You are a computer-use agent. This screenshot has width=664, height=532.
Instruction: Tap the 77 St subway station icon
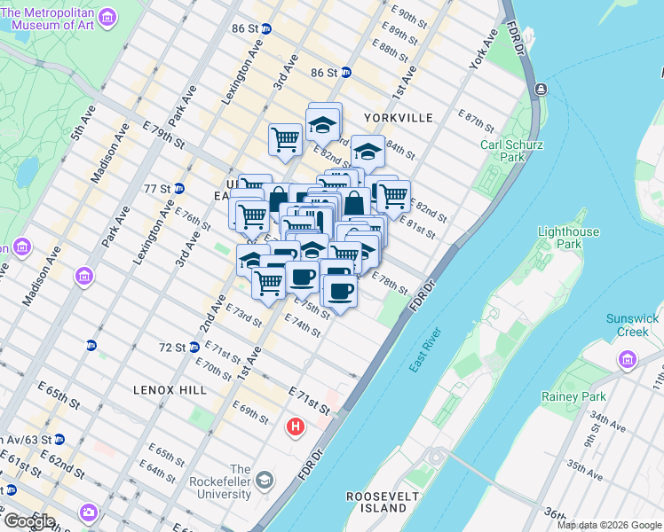click(x=179, y=188)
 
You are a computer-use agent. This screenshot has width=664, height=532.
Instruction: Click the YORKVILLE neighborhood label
click(x=397, y=118)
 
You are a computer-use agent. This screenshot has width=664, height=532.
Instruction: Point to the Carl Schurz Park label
click(x=511, y=151)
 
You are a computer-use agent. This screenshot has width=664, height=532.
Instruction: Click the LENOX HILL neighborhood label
click(x=170, y=390)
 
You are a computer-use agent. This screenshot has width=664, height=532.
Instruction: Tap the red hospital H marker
click(x=296, y=428)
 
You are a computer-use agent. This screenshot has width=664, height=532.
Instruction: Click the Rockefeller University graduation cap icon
click(x=265, y=480)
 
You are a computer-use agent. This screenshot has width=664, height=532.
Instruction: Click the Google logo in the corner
click(x=28, y=521)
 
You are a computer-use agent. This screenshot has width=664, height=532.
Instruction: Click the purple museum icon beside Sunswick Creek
click(x=628, y=359)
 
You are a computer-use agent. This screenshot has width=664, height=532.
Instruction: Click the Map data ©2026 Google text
click(x=609, y=525)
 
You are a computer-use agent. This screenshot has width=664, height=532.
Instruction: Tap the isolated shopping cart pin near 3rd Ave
click(x=285, y=139)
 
